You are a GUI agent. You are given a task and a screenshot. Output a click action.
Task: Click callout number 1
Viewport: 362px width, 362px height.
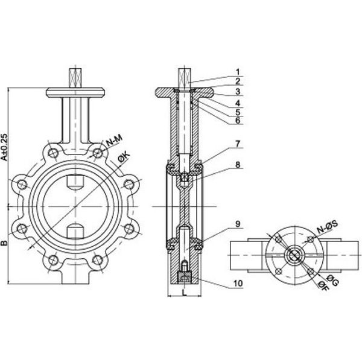tap(238, 72)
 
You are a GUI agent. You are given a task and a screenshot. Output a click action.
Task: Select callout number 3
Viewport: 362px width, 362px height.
tap(238, 92)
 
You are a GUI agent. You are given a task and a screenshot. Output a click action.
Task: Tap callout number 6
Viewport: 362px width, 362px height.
tap(238, 120)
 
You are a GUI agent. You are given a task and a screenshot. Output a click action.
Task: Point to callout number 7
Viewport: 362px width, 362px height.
tap(238, 144)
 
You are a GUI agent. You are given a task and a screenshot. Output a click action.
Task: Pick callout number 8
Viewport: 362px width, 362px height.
tap(238, 165)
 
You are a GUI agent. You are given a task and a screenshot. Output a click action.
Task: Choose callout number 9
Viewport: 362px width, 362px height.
tap(238, 224)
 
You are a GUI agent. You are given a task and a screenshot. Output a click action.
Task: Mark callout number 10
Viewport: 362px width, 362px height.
tap(238, 283)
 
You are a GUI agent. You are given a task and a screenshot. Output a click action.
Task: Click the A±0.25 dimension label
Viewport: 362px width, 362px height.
tap(4, 147)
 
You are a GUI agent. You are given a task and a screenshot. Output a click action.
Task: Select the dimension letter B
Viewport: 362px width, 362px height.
tap(4, 243)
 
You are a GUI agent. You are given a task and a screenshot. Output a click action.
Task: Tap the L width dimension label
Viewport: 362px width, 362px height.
tap(185, 293)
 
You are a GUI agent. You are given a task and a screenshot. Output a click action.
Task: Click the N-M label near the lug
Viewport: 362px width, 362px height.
tap(114, 141)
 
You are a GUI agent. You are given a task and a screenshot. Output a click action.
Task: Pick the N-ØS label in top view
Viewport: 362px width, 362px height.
tap(328, 226)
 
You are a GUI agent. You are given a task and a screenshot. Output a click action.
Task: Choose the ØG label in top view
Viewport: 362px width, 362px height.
tap(332, 281)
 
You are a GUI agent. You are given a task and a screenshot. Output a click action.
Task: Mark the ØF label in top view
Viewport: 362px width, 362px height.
tap(323, 286)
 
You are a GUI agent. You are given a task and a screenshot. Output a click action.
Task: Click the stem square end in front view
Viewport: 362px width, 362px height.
tap(75, 78)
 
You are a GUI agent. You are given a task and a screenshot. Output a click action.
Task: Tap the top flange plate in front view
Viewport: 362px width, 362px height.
tap(75, 92)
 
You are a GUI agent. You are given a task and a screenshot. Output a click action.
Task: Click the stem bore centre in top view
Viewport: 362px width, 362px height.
tap(294, 255)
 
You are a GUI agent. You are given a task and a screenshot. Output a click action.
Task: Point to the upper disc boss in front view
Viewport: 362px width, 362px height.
tap(75, 182)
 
